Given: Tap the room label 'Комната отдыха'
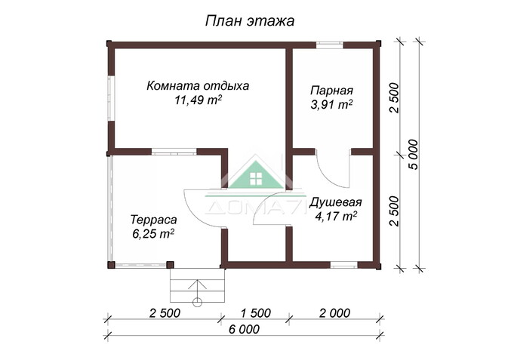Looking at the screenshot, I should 198,85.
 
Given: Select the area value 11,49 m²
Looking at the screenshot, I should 198,100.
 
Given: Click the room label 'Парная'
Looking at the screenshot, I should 331,91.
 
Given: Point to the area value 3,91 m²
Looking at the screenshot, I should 331,105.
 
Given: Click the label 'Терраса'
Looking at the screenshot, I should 153,219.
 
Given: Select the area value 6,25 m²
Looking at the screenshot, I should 153,233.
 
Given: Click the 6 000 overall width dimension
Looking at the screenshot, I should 243,329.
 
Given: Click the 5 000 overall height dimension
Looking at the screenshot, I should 412,155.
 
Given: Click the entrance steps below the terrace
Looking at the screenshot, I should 197,285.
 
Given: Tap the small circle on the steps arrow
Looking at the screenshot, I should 197,301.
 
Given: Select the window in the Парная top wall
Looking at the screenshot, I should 329,44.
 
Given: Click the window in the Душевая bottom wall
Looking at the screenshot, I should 343,265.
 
